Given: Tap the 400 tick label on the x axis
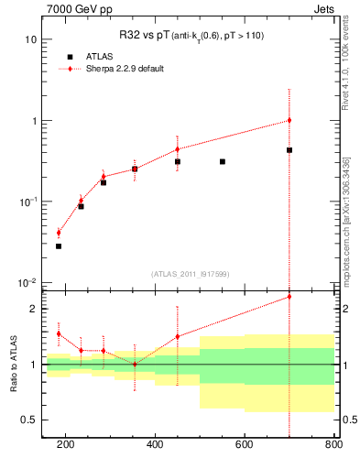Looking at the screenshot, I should click(x=155, y=444).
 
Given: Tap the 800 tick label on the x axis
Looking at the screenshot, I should click(x=333, y=444).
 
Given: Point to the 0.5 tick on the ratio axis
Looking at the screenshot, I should click(x=29, y=420).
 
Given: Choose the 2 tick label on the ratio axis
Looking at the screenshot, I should click(x=33, y=309).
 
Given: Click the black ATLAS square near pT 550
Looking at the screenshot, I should click(x=223, y=161).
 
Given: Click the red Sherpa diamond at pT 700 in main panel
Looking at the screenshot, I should click(x=289, y=120).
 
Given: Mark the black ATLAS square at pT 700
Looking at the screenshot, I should click(x=289, y=150).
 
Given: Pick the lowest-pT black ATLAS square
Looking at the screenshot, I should click(x=59, y=245).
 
